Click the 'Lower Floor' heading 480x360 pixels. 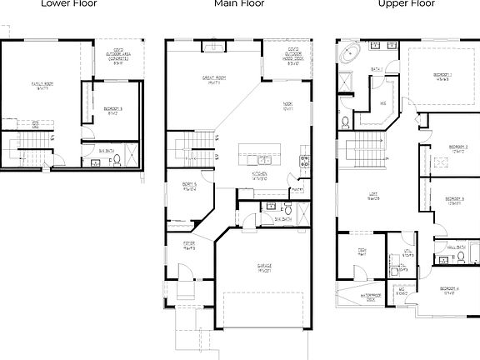74,3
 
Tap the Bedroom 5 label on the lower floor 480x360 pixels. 114,110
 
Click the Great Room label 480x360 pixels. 210,81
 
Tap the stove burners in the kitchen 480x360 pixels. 305,161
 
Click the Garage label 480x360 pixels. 265,268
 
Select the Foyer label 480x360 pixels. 190,245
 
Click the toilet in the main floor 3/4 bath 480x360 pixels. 288,211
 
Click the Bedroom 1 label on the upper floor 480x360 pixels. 442,77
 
